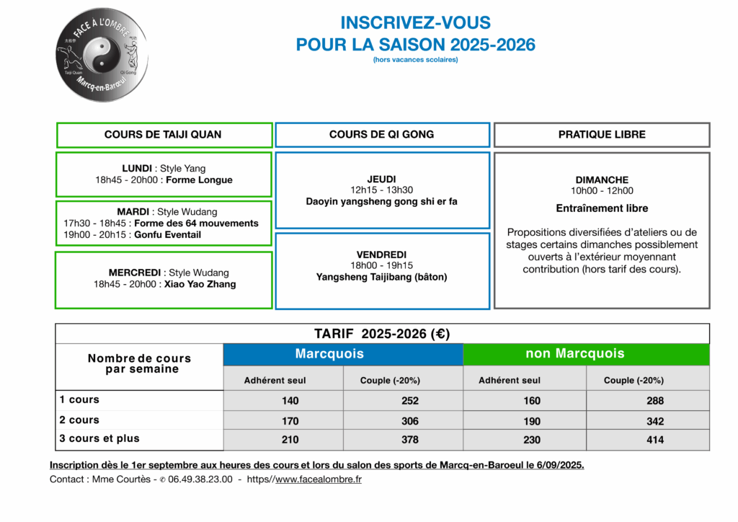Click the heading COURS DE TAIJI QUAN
[x=163, y=135]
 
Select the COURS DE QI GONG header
[x=382, y=135]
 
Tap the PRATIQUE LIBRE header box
[x=602, y=135]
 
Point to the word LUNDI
[x=137, y=169]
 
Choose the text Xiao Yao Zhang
[x=209, y=284]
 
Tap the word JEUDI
[x=381, y=180]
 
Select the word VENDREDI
[x=381, y=255]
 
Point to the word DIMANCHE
[x=602, y=180]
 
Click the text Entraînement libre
[x=602, y=208]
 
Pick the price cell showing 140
[x=290, y=401]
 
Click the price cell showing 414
[x=654, y=440]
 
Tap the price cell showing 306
[x=410, y=421]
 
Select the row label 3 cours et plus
[x=99, y=438]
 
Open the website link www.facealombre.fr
[x=319, y=479]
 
